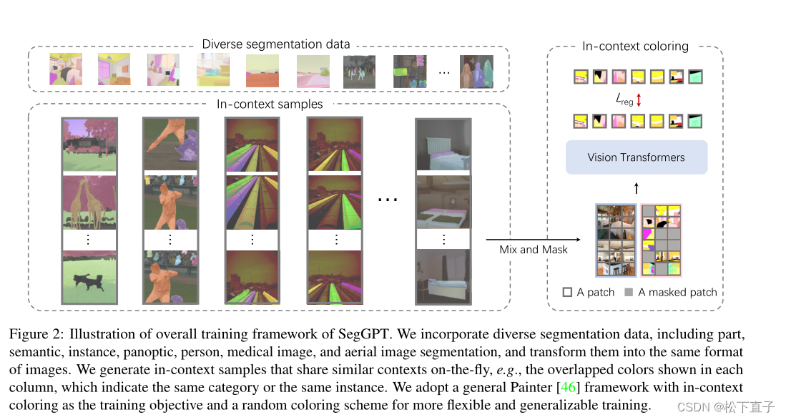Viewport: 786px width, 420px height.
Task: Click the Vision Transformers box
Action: tap(636, 157)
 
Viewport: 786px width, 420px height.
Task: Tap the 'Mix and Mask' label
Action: tap(534, 250)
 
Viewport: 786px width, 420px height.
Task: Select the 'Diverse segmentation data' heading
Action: tap(276, 44)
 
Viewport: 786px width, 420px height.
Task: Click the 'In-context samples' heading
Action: tap(270, 104)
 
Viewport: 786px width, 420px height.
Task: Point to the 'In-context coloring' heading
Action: tap(635, 47)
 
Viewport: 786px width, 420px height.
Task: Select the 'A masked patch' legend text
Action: tap(677, 292)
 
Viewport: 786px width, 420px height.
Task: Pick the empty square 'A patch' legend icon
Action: tap(567, 292)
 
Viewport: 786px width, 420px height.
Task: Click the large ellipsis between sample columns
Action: tap(387, 200)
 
